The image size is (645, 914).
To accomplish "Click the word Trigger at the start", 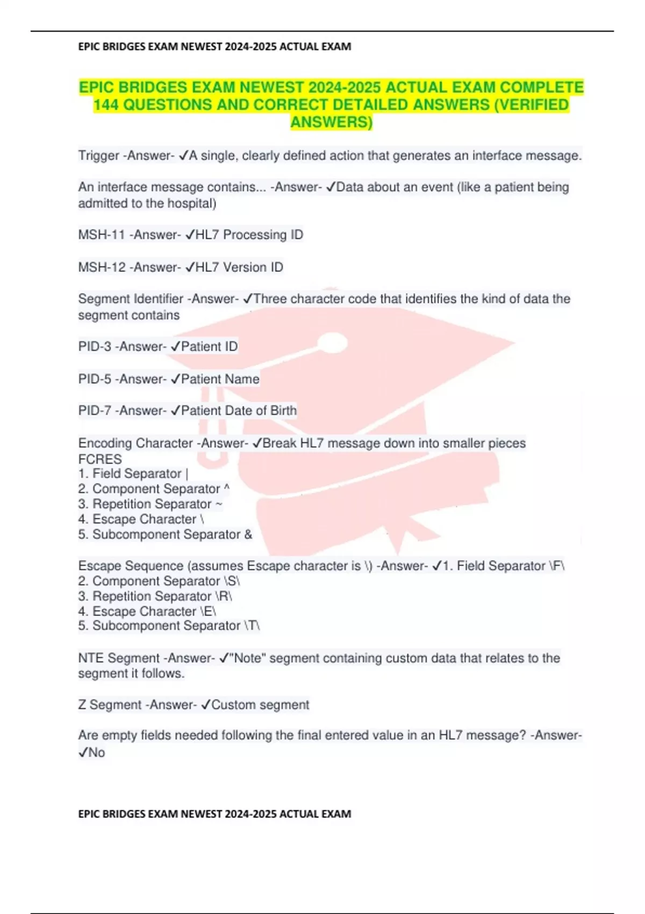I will (x=98, y=156).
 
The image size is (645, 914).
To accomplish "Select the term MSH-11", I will (x=102, y=235).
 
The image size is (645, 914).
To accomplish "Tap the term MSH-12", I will (x=102, y=267).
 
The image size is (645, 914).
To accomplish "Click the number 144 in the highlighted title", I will (x=106, y=105).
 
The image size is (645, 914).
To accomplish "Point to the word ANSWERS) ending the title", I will (x=331, y=123).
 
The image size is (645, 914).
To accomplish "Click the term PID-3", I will (x=95, y=347).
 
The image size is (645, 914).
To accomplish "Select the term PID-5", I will (x=95, y=379).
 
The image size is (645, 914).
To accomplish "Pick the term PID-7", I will (x=95, y=411).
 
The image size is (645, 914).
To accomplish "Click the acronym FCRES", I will (x=100, y=459).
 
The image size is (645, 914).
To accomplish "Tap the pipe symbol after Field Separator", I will (x=187, y=474).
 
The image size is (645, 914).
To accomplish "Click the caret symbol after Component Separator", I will (x=226, y=488).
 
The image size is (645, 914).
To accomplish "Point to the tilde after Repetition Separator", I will (x=219, y=504).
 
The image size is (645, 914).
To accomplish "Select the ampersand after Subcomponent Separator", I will (x=248, y=534).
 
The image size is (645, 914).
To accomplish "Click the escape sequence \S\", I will (x=231, y=581).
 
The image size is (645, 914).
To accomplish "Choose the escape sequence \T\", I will (x=252, y=626).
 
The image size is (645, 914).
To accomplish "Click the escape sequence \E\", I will (x=208, y=612).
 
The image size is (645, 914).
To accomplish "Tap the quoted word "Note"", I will (x=247, y=658).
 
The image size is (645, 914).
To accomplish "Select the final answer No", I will (x=97, y=753).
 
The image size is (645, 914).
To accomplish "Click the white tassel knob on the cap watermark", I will (x=333, y=343).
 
